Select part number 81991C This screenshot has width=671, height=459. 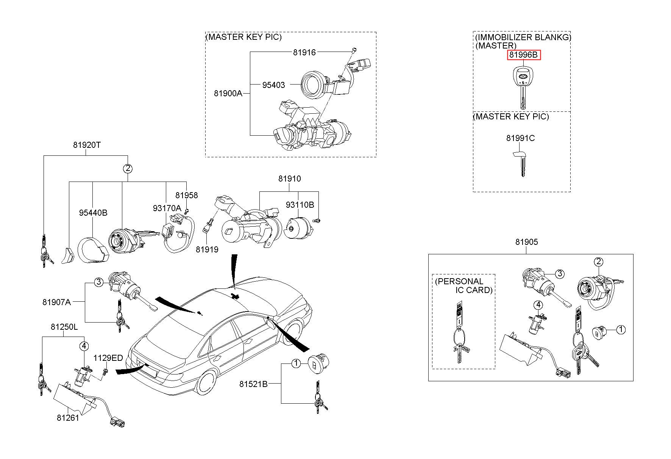[520, 138]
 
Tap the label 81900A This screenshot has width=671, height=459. [228, 93]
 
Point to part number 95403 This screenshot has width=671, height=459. [273, 85]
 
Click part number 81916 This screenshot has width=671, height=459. [304, 52]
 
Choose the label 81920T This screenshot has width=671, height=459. [87, 145]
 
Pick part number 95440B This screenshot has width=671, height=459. [93, 213]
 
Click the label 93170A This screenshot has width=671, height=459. [167, 208]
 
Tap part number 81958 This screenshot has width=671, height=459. [186, 196]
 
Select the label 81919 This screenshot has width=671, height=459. [207, 249]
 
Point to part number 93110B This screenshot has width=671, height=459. [300, 205]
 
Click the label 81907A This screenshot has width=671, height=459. [57, 302]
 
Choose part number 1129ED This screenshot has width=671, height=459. [108, 358]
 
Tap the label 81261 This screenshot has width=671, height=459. [68, 418]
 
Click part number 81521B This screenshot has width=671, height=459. [253, 384]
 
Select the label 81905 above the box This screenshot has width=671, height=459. [526, 242]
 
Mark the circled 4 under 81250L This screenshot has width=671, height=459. [84, 346]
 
